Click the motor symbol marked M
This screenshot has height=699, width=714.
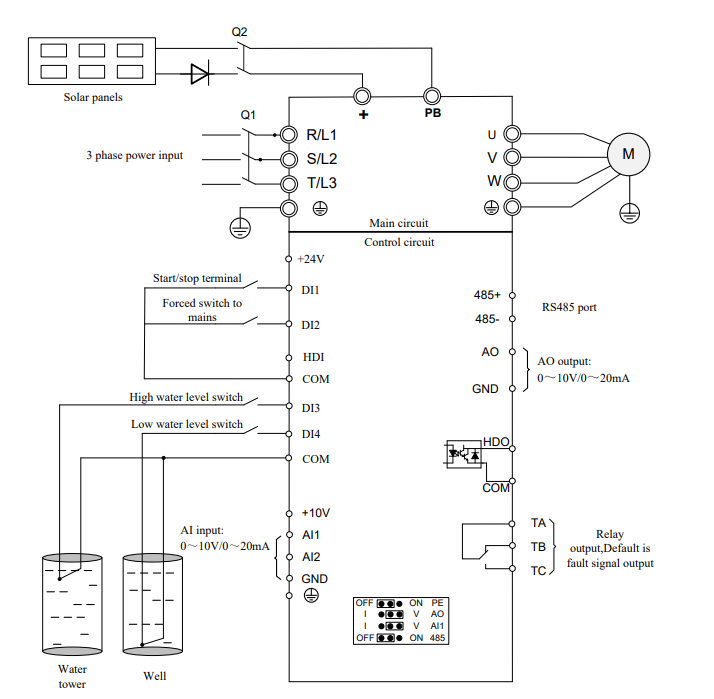pyautogui.click(x=628, y=154)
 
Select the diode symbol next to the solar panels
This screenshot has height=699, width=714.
pyautogui.click(x=199, y=72)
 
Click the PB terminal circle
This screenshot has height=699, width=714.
pyautogui.click(x=432, y=96)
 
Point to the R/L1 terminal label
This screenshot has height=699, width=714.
pyautogui.click(x=322, y=134)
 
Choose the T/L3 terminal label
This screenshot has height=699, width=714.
pyautogui.click(x=322, y=183)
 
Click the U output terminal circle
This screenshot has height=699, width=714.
pyautogui.click(x=512, y=134)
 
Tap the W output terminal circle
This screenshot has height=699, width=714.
pyautogui.click(x=512, y=182)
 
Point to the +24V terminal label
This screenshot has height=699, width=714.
pyautogui.click(x=312, y=258)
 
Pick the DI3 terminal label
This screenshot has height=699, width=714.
pyautogui.click(x=311, y=407)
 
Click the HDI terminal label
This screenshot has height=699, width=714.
pyautogui.click(x=313, y=356)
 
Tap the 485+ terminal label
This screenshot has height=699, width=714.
pyautogui.click(x=487, y=295)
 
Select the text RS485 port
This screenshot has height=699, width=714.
pyautogui.click(x=569, y=307)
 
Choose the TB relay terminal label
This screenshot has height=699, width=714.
pyautogui.click(x=538, y=547)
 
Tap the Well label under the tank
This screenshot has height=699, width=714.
pyautogui.click(x=155, y=676)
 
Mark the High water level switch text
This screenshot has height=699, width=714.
pyautogui.click(x=186, y=397)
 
